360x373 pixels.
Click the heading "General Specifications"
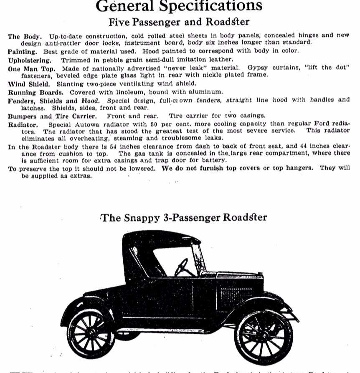pyautogui.click(x=179, y=6)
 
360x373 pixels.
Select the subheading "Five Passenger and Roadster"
pyautogui.click(x=179, y=22)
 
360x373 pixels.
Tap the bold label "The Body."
pyautogui.click(x=25, y=36)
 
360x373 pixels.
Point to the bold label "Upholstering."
pyautogui.click(x=29, y=60)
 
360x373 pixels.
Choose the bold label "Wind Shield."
pyautogui.click(x=30, y=84)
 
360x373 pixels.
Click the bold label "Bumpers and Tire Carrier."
pyautogui.click(x=52, y=116)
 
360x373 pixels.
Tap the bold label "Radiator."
pyautogui.click(x=23, y=124)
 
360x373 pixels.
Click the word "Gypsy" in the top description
pyautogui.click(x=256, y=68)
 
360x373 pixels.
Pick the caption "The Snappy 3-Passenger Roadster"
pyautogui.click(x=184, y=217)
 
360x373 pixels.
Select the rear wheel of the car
pyautogui.click(x=91, y=334)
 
